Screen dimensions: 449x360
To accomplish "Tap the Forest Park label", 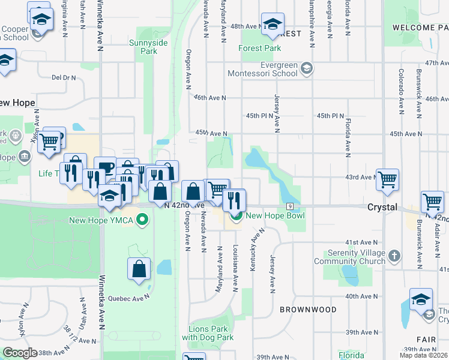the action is pyautogui.click(x=259, y=48).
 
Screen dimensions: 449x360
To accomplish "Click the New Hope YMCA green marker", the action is pyautogui.click(x=142, y=220).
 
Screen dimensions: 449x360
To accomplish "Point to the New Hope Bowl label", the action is pyautogui.click(x=276, y=215).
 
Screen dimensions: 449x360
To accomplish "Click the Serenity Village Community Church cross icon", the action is pyautogui.click(x=394, y=256).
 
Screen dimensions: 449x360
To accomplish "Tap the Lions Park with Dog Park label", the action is pyautogui.click(x=207, y=333).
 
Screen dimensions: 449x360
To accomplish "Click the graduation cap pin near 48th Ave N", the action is pyautogui.click(x=273, y=25).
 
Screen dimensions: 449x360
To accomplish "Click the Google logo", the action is pyautogui.click(x=20, y=352).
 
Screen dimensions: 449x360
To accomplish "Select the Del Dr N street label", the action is pyautogui.click(x=64, y=77).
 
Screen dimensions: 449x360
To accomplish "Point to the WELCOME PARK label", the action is pyautogui.click(x=421, y=28).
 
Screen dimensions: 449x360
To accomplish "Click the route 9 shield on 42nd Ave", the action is pyautogui.click(x=290, y=206).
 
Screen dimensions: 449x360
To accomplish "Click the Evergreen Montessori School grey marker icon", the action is pyautogui.click(x=307, y=67).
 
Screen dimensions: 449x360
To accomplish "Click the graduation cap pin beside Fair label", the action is pyautogui.click(x=421, y=299).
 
